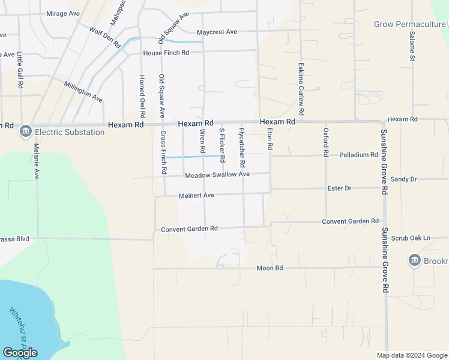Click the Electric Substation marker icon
(x=26, y=131)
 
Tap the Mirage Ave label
(x=63, y=13)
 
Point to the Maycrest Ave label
(x=217, y=31)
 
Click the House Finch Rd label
(x=166, y=53)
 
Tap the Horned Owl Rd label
(x=142, y=96)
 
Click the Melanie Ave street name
(x=36, y=161)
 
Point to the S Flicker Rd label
(x=221, y=145)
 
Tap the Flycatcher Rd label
(x=242, y=148)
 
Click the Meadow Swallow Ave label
(x=217, y=175)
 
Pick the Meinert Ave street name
(x=196, y=196)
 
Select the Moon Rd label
(x=270, y=268)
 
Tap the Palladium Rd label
(x=358, y=154)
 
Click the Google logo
(x=20, y=352)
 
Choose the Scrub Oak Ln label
(x=411, y=238)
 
